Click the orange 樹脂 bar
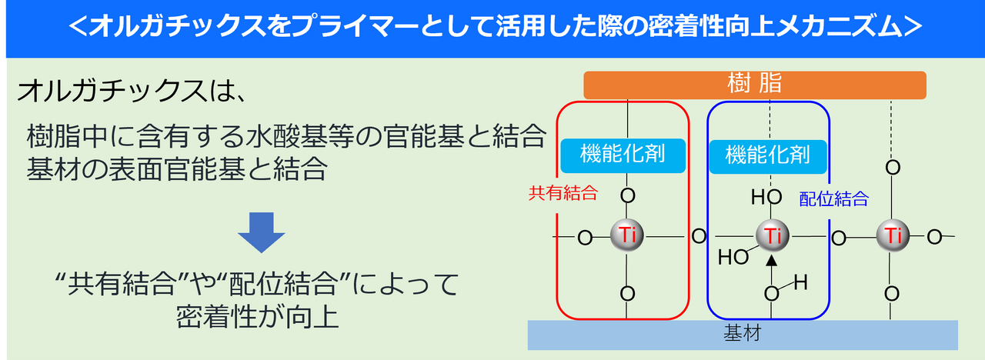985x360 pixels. [755, 85]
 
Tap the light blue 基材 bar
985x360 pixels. [743, 335]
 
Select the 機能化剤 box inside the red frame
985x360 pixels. [623, 155]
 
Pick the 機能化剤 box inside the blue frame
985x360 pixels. [768, 156]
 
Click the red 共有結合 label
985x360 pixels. [563, 193]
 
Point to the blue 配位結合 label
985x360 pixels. [833, 198]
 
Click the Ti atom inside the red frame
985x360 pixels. [627, 235]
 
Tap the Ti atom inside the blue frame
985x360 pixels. [772, 236]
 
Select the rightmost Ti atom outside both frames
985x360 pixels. [893, 236]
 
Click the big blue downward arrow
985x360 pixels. [262, 232]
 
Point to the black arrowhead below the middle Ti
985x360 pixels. [771, 260]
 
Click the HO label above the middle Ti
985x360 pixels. [766, 197]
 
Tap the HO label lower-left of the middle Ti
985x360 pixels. [733, 257]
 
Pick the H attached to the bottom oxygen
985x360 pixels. [801, 282]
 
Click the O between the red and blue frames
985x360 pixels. [699, 236]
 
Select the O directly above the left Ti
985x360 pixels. [627, 195]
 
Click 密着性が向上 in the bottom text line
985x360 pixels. [257, 317]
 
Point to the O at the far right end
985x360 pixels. [934, 237]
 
